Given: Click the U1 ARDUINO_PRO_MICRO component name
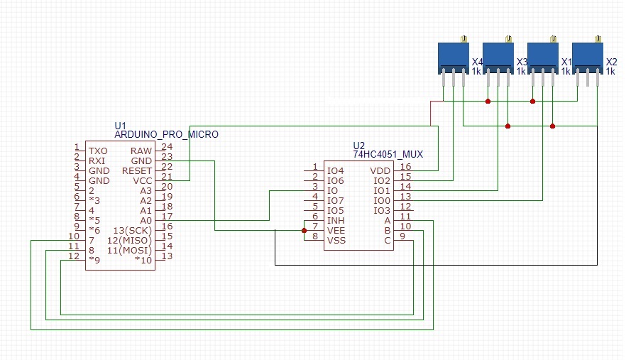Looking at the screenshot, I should click(166, 133).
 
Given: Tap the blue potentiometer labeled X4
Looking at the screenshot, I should click(453, 56).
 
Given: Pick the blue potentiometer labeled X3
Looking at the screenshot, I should click(498, 56).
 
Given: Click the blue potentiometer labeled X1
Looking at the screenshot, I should click(542, 56).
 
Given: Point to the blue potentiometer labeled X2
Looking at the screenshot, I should click(587, 56).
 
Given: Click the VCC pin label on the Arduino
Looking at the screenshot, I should click(141, 181).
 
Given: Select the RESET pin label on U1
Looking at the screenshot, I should click(136, 171).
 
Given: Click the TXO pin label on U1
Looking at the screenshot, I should click(98, 151).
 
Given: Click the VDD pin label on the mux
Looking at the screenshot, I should click(380, 171).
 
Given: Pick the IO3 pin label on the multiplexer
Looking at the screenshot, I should click(382, 211).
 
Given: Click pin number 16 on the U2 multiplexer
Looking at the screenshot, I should click(405, 166).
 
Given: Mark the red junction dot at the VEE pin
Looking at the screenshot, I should click(304, 230).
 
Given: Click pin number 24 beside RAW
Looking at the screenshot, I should click(167, 146).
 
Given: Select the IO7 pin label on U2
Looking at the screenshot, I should click(335, 201).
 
